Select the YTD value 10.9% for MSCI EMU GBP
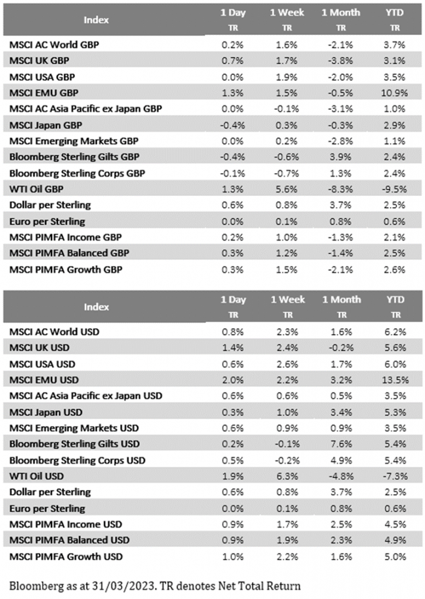(393, 92)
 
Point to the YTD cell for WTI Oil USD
(393, 476)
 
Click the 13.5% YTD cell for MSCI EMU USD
(393, 379)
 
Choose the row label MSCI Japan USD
(44, 411)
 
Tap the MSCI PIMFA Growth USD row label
(66, 556)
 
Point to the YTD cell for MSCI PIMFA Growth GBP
(393, 270)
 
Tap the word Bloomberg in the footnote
(35, 584)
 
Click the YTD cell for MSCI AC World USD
(393, 331)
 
